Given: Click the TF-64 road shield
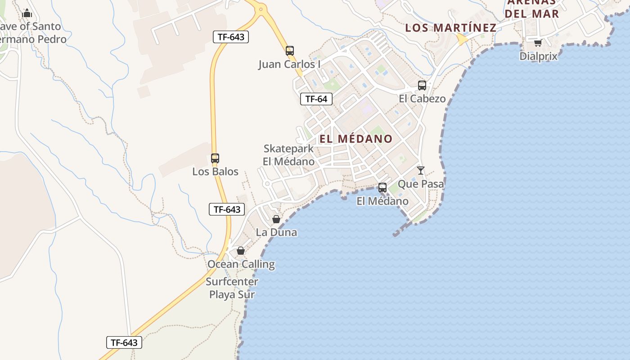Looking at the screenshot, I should click(x=316, y=99).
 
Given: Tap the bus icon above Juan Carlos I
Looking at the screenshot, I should click(x=290, y=51).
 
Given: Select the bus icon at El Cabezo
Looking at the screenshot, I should click(x=422, y=85).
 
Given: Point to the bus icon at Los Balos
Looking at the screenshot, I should click(x=215, y=158).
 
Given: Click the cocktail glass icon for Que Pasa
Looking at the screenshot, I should click(x=421, y=170).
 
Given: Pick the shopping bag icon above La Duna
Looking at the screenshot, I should click(x=276, y=219).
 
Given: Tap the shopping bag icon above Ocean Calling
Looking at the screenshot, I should click(x=241, y=251).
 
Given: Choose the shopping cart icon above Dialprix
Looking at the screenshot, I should click(x=538, y=43).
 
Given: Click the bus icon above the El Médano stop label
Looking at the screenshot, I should click(x=382, y=188).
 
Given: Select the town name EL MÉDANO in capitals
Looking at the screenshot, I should click(x=356, y=139).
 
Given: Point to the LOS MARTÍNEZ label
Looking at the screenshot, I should click(x=450, y=27).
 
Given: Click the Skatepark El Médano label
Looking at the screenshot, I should click(x=288, y=155).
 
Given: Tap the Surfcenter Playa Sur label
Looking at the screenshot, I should click(x=232, y=288).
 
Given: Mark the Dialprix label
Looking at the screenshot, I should click(x=538, y=56).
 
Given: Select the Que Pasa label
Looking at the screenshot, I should click(x=421, y=184).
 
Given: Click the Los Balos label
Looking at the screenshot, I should click(x=215, y=171).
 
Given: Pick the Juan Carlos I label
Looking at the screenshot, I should click(x=289, y=64).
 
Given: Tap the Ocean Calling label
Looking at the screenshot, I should click(x=241, y=264).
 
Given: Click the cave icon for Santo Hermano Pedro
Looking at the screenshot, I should click(x=27, y=13).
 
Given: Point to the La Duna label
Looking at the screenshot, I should click(x=276, y=232).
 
